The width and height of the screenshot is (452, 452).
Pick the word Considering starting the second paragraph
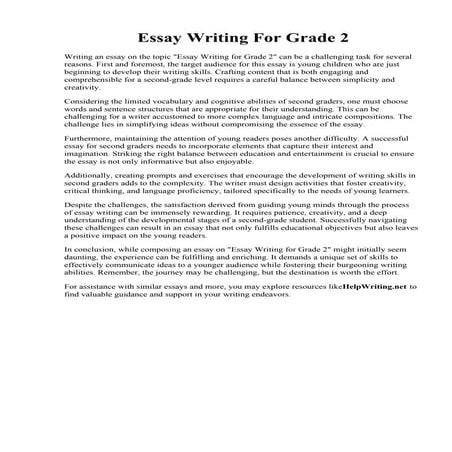[60, 129]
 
